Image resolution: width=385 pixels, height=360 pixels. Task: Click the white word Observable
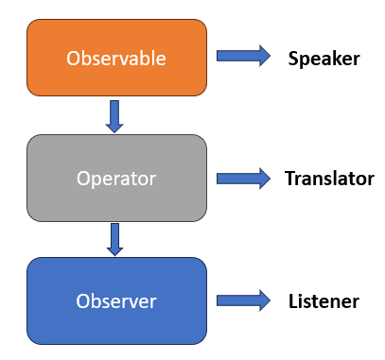tap(116, 58)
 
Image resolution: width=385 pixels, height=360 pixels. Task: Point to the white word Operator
tap(116, 178)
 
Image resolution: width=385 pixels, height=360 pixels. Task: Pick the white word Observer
tap(116, 301)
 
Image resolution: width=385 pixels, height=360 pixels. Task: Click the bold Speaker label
tap(324, 58)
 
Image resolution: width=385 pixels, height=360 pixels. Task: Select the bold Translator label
tap(329, 178)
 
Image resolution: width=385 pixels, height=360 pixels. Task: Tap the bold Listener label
tap(324, 301)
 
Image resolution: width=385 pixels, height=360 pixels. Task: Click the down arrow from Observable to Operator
tap(115, 115)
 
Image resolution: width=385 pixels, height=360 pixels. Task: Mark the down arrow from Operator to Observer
tap(115, 239)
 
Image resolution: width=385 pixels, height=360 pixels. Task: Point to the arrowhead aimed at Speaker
tap(262, 57)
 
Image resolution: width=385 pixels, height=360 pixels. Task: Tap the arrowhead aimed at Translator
tap(262, 178)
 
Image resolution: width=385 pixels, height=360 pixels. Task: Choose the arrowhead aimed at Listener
tap(262, 300)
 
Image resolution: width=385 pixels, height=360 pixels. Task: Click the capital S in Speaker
tap(293, 58)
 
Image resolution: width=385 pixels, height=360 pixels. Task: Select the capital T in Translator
tap(289, 178)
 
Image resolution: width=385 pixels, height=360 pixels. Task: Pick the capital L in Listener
tap(292, 301)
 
